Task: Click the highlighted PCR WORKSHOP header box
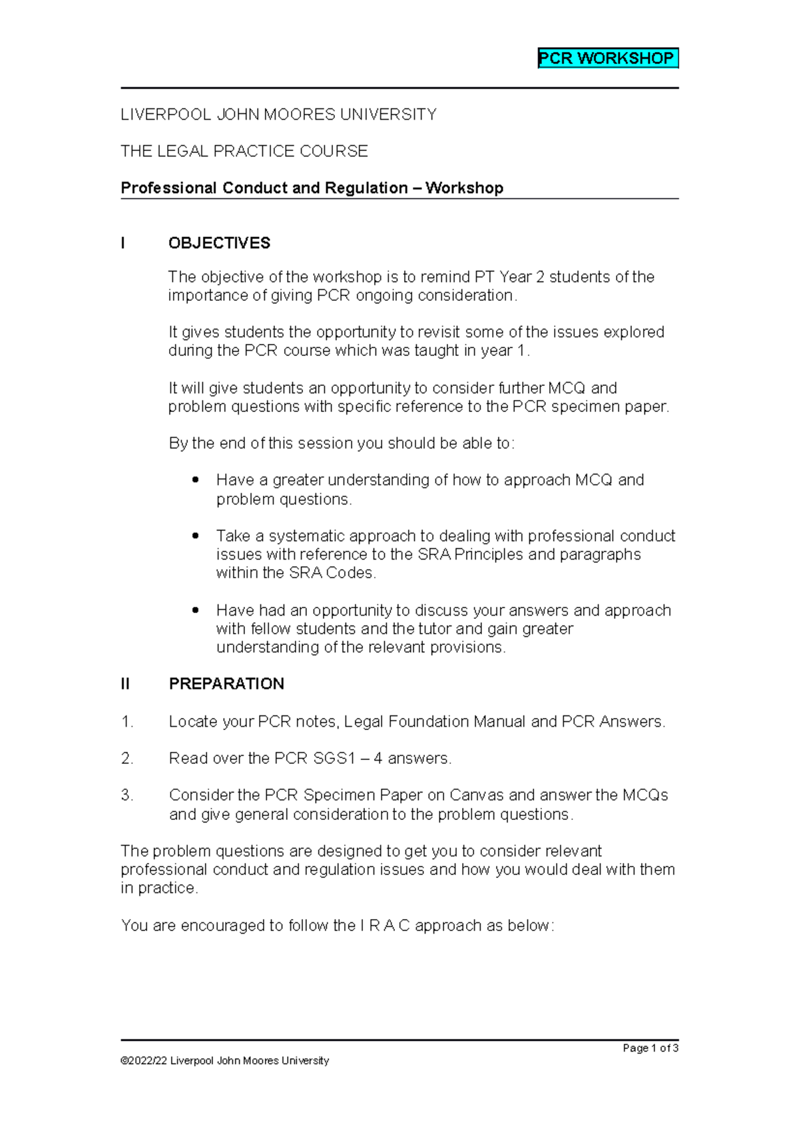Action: (x=607, y=59)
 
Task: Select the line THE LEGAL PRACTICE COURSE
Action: (x=244, y=151)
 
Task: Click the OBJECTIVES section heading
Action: (x=219, y=243)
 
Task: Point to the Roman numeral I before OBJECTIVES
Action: (x=123, y=243)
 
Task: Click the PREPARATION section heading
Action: (x=226, y=684)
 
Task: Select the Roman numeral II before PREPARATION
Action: (x=125, y=684)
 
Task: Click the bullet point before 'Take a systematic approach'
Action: (x=195, y=536)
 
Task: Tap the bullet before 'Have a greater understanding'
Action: (x=195, y=480)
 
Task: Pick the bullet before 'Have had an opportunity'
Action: (x=195, y=610)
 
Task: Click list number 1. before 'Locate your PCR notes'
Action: (x=127, y=721)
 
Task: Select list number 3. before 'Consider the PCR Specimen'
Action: (x=127, y=795)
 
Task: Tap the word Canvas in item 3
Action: (x=477, y=795)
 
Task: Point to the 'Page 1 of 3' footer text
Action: (x=650, y=1048)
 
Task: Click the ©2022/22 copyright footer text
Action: (x=224, y=1061)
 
